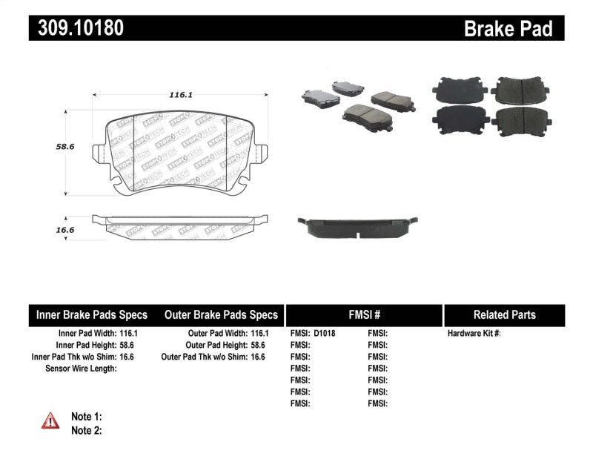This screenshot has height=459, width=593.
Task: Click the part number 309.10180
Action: [x=76, y=28]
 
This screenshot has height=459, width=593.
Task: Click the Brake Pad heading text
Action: [x=508, y=29]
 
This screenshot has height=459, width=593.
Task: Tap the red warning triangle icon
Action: [x=50, y=421]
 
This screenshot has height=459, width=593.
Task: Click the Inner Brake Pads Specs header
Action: [x=92, y=315]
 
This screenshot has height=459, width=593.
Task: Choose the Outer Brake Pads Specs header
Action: [x=221, y=315]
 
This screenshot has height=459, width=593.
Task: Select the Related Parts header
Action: [x=504, y=315]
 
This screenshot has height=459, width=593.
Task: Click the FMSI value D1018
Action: [x=325, y=334]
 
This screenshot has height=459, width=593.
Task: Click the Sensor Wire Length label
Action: [x=81, y=368]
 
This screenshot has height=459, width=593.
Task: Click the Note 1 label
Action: [x=86, y=417]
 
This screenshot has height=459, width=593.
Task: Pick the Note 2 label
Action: [x=86, y=430]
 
